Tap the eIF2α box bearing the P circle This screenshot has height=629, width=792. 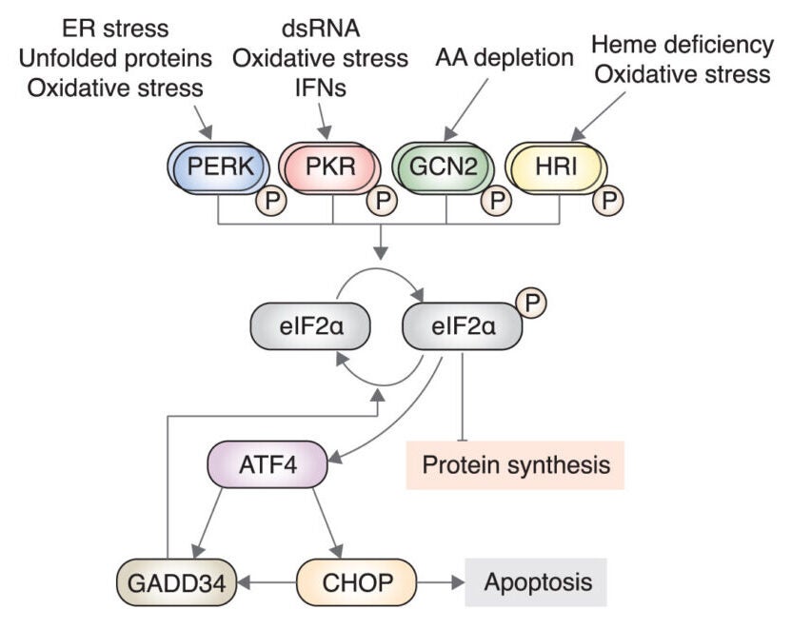click(x=463, y=327)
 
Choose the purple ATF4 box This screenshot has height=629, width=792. click(x=267, y=467)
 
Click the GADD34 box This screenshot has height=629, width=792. click(x=174, y=581)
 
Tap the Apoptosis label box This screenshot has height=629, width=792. click(x=535, y=581)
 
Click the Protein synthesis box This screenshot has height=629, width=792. click(x=515, y=465)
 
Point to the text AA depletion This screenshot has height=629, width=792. click(x=505, y=57)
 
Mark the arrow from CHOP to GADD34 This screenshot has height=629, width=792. click(x=267, y=581)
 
